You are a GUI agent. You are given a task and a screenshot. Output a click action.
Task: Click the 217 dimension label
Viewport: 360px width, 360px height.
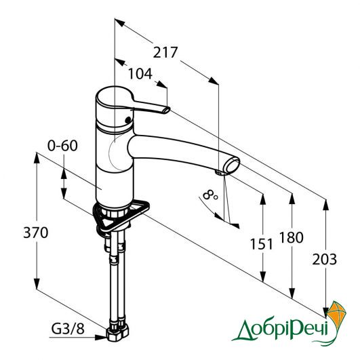click(x=165, y=52)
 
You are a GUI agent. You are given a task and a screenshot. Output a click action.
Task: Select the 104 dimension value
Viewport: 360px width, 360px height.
click(x=140, y=74)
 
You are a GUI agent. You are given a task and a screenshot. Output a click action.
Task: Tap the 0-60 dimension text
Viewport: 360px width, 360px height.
click(x=62, y=146)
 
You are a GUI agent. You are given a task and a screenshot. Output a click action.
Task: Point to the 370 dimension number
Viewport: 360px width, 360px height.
click(x=36, y=233)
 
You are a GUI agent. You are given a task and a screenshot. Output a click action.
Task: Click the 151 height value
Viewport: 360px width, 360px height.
click(x=262, y=244)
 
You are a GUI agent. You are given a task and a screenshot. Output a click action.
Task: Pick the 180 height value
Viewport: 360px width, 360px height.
click(x=292, y=237)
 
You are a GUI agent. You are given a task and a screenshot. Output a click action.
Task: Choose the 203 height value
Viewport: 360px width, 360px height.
click(x=325, y=259)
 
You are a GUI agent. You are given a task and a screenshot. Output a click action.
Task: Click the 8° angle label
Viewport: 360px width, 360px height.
click(x=210, y=195)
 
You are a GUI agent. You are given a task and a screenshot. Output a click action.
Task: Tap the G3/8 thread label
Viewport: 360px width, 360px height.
click(x=68, y=329)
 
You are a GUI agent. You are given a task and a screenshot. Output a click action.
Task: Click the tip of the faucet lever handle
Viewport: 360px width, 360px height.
click(x=167, y=110)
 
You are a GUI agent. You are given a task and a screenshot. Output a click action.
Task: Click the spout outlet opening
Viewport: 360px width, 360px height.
click(x=232, y=166)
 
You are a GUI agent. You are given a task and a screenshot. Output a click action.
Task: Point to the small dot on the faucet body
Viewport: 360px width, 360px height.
click(x=128, y=119)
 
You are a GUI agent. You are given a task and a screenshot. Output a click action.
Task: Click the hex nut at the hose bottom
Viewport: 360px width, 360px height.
click(x=117, y=334)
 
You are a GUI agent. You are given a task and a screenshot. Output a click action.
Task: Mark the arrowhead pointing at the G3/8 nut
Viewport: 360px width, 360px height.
click(x=101, y=337)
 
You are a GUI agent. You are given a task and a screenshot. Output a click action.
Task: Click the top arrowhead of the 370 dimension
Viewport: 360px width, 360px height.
click(x=37, y=157)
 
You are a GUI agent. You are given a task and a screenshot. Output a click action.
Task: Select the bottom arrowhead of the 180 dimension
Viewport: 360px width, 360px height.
click(x=292, y=293)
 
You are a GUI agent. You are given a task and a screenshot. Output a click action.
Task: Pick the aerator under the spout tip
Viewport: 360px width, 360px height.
click(x=220, y=173)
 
